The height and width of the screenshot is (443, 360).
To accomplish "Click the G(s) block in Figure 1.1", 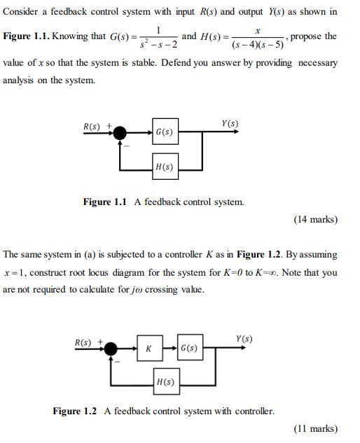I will pyautogui.click(x=165, y=132).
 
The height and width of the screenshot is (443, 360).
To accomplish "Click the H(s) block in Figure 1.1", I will pyautogui.click(x=165, y=167).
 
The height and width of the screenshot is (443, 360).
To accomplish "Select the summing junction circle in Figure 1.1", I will pyautogui.click(x=120, y=132).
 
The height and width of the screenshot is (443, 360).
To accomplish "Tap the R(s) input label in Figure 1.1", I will pyautogui.click(x=92, y=127).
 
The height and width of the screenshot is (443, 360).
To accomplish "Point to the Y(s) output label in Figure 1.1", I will pyautogui.click(x=229, y=124).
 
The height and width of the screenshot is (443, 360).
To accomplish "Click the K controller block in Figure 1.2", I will pyautogui.click(x=148, y=348).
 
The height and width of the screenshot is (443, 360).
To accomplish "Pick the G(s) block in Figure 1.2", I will pyautogui.click(x=189, y=348).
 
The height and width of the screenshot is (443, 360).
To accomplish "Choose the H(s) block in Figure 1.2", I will pyautogui.click(x=166, y=381).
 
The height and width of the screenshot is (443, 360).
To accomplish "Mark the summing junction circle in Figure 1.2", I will pyautogui.click(x=111, y=348).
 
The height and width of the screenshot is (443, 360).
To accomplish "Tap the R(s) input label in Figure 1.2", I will pyautogui.click(x=84, y=342).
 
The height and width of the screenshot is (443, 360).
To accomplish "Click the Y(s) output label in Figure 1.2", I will pyautogui.click(x=244, y=339).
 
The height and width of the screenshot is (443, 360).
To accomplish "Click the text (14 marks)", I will pyautogui.click(x=315, y=219).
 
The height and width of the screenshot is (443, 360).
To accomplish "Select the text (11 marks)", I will pyautogui.click(x=315, y=428).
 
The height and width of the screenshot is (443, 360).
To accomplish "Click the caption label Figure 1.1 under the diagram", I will pyautogui.click(x=104, y=202).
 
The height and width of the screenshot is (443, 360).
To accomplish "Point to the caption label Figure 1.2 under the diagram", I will pyautogui.click(x=74, y=411).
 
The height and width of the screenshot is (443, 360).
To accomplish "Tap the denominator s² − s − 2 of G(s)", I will pyautogui.click(x=158, y=44).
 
